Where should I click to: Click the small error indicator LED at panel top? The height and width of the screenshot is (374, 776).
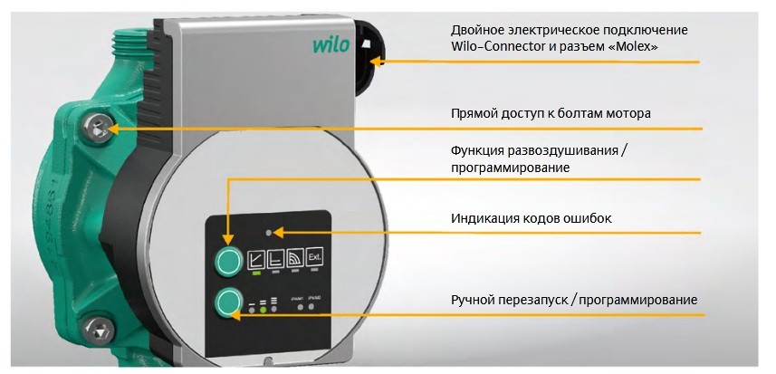coord(269,232)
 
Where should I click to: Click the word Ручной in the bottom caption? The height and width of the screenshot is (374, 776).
coord(473,299)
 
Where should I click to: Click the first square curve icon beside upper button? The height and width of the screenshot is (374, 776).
coord(255,257)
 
